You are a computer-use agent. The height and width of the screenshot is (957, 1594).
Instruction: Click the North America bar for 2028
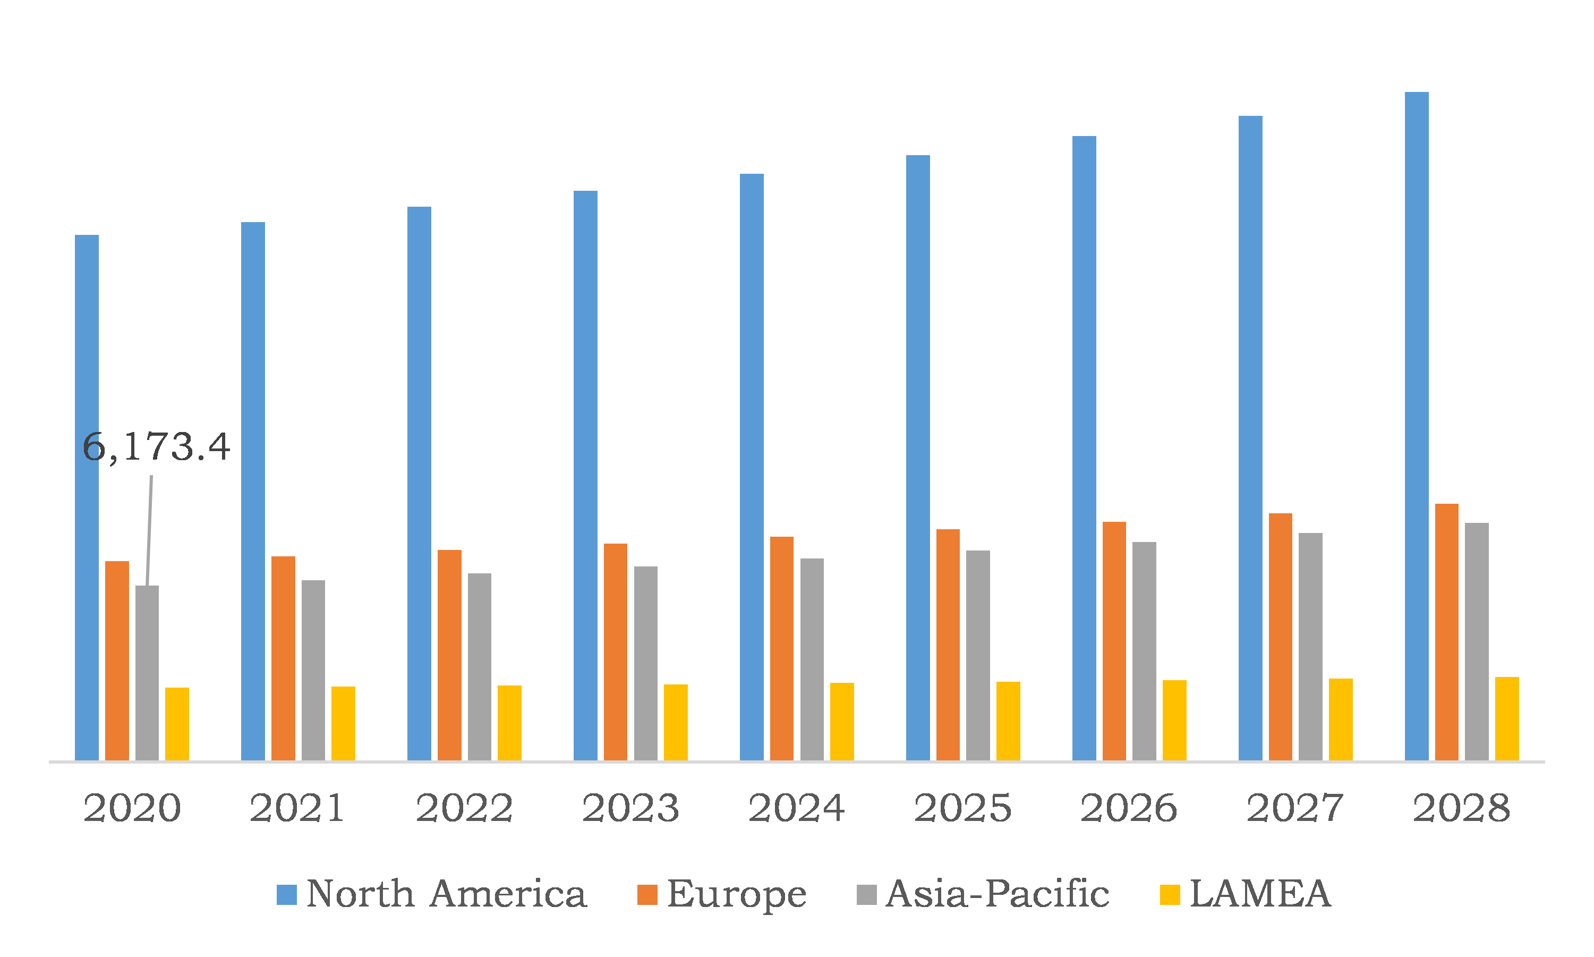[x=1416, y=426]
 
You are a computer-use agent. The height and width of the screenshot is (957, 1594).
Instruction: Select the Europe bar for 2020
[x=117, y=661]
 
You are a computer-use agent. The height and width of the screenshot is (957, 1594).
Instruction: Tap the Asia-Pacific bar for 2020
[x=147, y=673]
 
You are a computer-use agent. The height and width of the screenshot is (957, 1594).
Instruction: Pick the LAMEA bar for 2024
[x=842, y=722]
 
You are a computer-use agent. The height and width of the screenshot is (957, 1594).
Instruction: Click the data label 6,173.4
[x=156, y=447]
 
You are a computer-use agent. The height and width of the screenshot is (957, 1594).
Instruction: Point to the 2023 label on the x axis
[x=630, y=808]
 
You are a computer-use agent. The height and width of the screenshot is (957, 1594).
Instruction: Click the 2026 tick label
[x=1129, y=808]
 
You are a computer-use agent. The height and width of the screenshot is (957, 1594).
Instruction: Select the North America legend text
[x=446, y=894]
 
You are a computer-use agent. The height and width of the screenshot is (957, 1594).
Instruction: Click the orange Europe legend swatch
[x=647, y=895]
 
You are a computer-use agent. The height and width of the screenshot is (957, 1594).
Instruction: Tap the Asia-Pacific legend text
[x=997, y=894]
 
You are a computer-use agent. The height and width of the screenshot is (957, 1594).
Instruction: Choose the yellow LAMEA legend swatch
[x=1169, y=895]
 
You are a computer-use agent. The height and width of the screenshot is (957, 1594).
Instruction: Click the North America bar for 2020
[x=87, y=498]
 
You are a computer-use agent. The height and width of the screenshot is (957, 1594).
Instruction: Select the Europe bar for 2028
[x=1446, y=632]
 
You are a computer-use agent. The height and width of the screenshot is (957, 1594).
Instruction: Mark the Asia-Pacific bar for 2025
[x=978, y=655]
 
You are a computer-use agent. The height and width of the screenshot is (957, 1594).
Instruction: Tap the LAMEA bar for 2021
[x=343, y=724]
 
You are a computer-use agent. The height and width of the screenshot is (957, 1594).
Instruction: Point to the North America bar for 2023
[x=585, y=476]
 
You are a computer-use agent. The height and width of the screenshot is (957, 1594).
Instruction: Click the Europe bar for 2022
[x=449, y=655]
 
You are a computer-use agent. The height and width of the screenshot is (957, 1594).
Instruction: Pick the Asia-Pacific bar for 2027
[x=1310, y=647]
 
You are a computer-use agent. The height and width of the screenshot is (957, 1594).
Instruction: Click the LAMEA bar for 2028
[x=1507, y=719]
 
